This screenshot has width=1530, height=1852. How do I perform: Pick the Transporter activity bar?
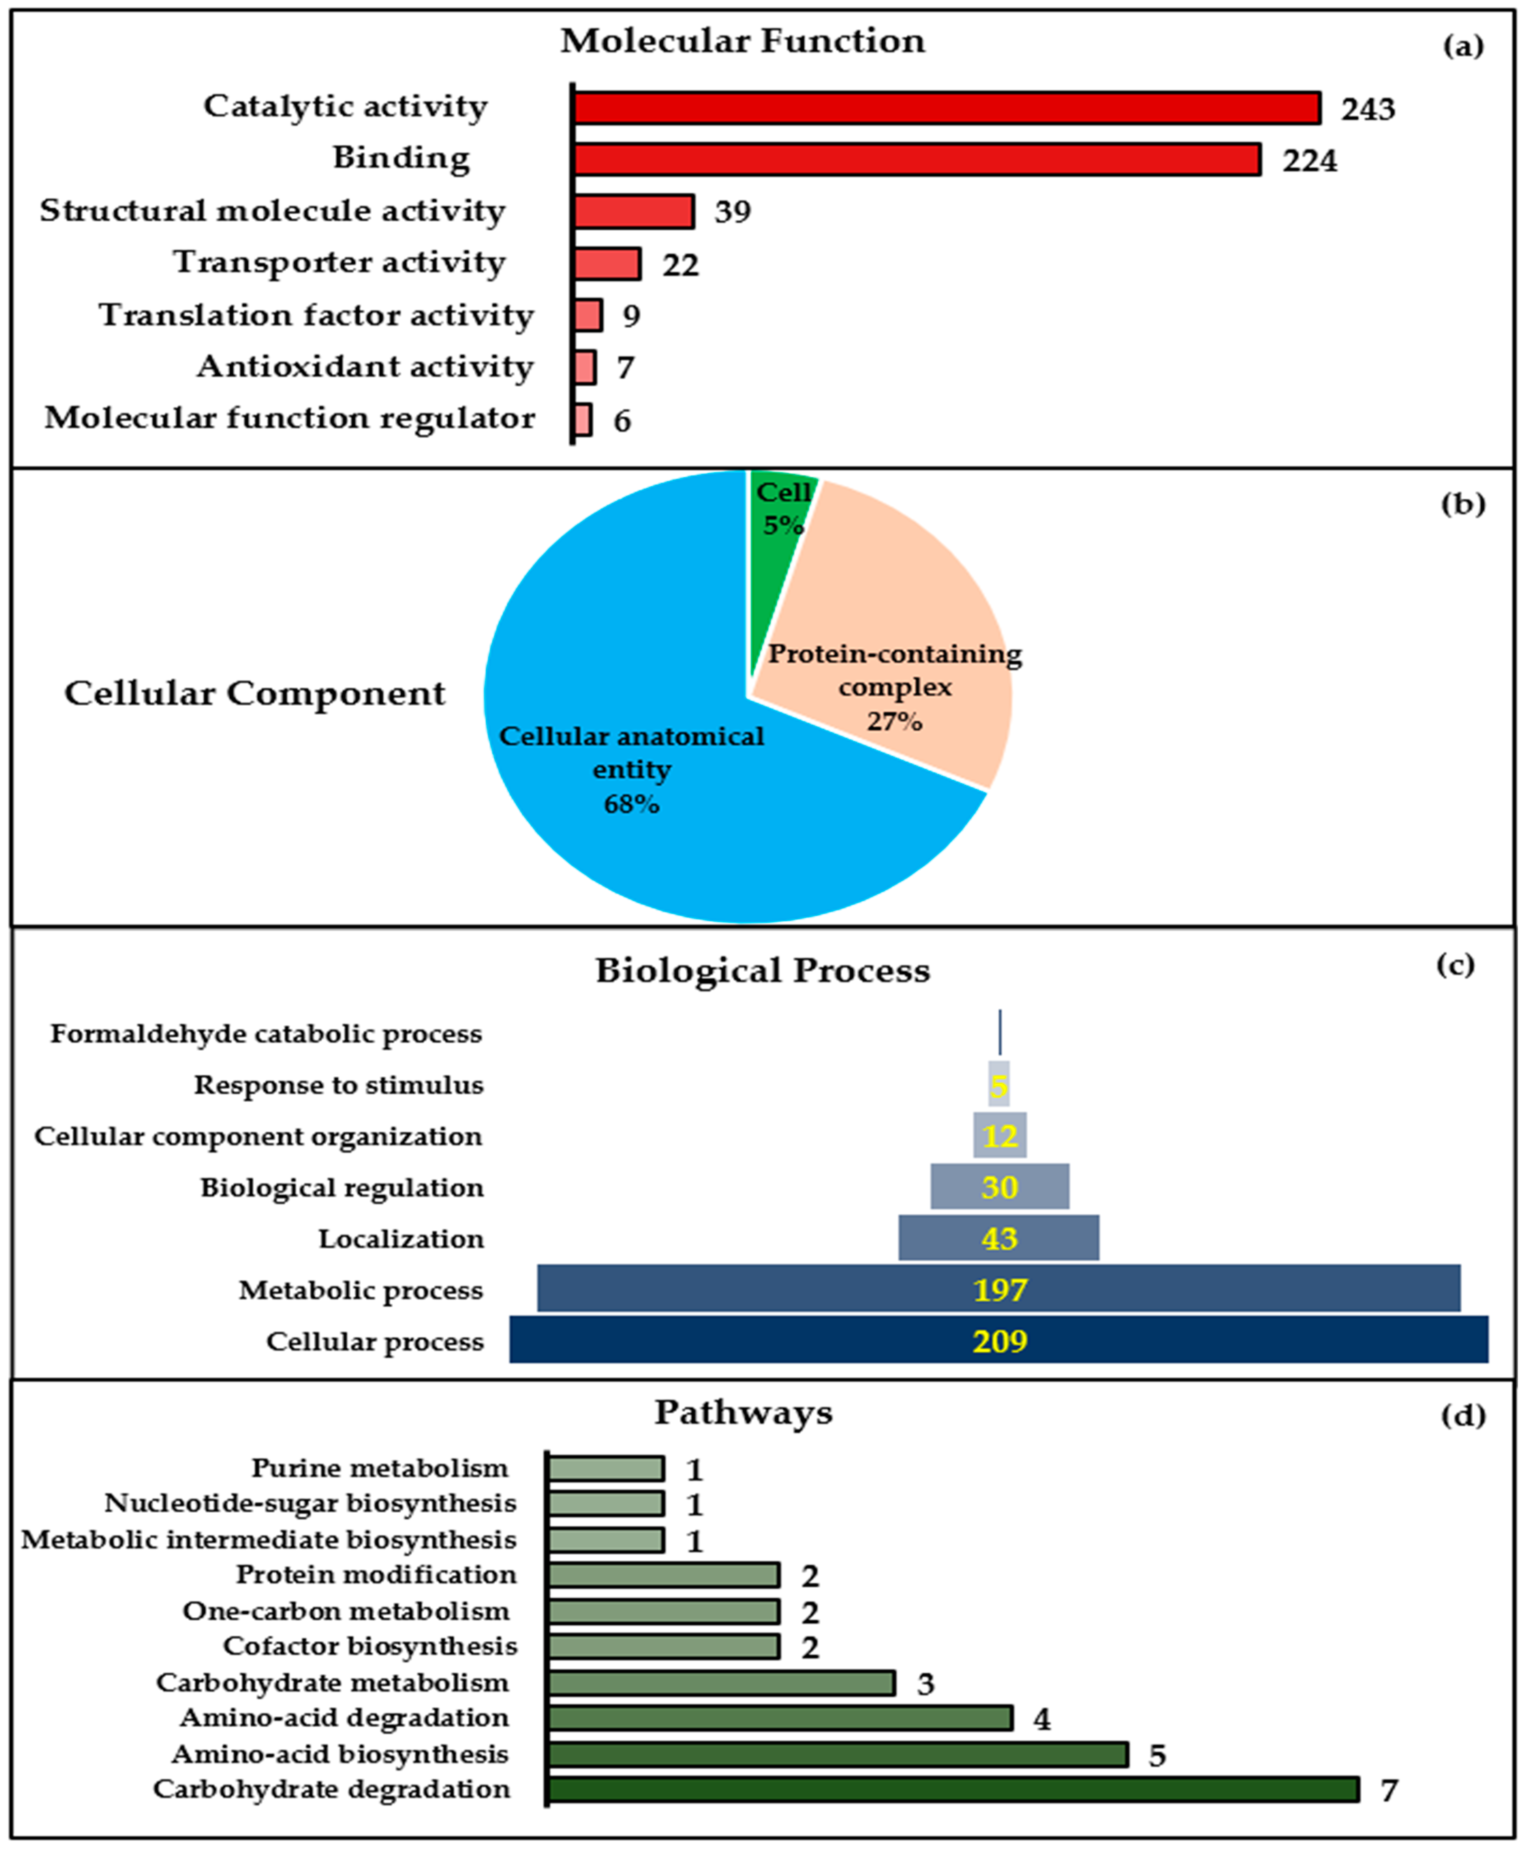click(607, 264)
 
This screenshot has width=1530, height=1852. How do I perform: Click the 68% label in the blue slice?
click(631, 804)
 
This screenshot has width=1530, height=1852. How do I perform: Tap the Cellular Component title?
click(255, 694)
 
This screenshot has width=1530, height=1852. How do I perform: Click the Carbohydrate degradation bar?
click(952, 1789)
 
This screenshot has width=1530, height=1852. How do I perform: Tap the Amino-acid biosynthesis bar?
click(837, 1754)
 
